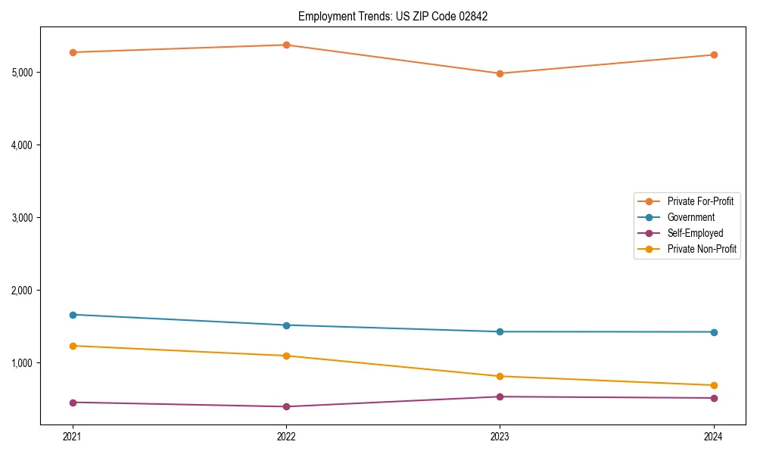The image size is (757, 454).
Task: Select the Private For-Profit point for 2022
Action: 286,45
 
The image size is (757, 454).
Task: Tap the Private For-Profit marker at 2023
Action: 500,73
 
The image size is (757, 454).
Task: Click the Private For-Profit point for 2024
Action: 714,54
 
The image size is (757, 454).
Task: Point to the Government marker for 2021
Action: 73,315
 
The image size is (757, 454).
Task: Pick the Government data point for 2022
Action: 286,325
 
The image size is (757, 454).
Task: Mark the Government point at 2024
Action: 714,332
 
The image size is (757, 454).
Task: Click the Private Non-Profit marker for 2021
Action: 73,346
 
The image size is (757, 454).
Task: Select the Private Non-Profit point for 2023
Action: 500,376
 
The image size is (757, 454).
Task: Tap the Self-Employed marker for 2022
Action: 286,406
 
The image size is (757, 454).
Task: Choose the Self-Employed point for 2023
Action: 500,396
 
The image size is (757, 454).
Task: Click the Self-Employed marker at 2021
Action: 73,403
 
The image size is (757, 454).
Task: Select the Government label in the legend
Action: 690,217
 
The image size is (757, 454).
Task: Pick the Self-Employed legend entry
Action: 695,233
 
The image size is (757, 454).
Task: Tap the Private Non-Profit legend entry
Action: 702,249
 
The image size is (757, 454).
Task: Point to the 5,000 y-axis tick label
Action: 22,73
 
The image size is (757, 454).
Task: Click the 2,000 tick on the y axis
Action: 22,291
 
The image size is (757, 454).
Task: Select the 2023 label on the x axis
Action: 500,437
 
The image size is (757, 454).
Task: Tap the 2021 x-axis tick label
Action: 73,437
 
